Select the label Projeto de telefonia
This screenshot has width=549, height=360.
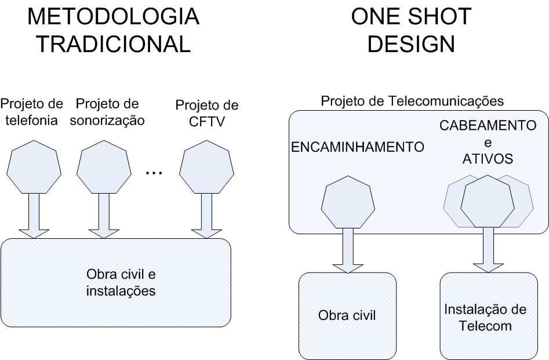[32, 112]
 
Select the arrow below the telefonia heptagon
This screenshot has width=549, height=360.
[33, 214]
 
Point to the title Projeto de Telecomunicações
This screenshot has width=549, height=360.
[412, 101]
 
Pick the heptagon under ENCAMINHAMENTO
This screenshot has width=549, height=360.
[348, 201]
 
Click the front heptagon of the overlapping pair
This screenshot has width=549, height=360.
[488, 201]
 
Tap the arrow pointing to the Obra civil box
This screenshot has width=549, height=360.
[348, 250]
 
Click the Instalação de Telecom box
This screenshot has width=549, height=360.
[485, 317]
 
